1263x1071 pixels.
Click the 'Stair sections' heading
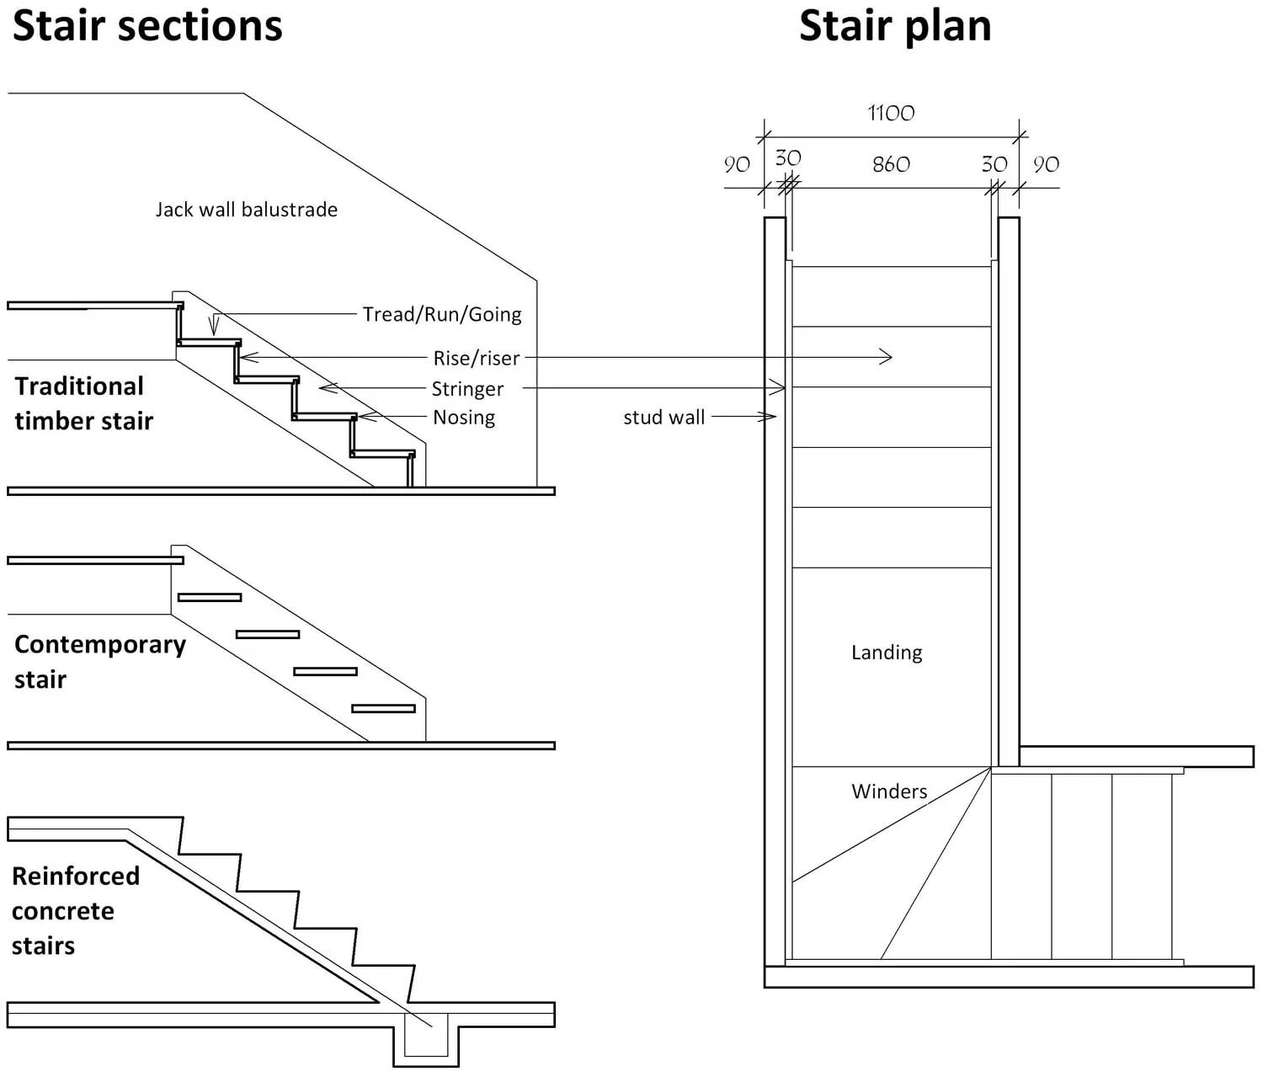click(147, 26)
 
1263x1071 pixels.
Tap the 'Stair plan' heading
click(895, 26)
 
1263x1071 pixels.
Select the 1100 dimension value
click(891, 113)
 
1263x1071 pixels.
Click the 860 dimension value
click(891, 164)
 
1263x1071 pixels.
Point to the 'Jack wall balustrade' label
click(246, 210)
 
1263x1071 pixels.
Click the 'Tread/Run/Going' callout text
click(441, 315)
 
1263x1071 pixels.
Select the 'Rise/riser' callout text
click(476, 359)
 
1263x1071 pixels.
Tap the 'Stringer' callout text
click(467, 389)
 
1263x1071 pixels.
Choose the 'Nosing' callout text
click(463, 418)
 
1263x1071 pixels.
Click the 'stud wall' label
click(663, 418)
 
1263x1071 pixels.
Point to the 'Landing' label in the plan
click(887, 653)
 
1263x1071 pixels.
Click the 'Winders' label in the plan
click(889, 791)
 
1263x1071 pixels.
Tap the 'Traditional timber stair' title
click(83, 403)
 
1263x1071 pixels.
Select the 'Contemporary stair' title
click(99, 662)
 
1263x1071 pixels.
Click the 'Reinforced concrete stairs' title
click(75, 911)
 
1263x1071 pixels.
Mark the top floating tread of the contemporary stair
click(210, 598)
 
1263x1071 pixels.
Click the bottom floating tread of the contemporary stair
click(383, 709)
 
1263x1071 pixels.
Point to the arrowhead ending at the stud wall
click(770, 417)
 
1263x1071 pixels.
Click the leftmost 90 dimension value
click(737, 165)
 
